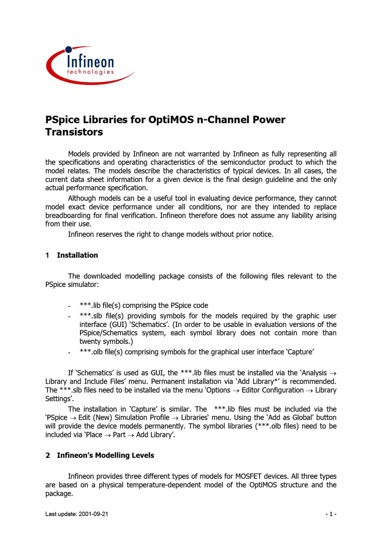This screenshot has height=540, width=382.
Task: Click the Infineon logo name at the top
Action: pos(90,61)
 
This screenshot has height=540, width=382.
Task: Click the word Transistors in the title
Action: pos(74,132)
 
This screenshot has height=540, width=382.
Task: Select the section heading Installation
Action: pos(77,255)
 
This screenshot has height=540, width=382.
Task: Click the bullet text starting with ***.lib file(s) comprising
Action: pos(144,305)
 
